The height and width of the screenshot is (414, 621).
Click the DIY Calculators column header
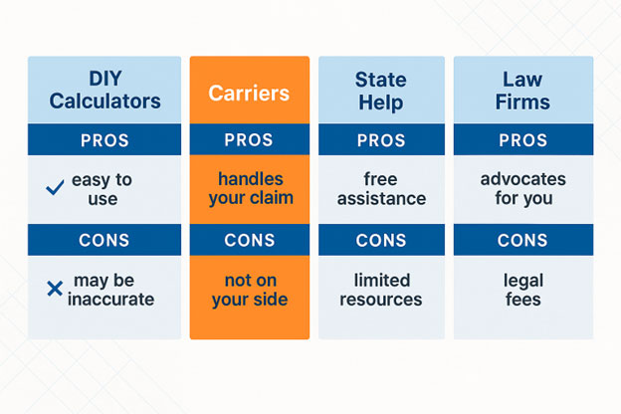click(x=104, y=90)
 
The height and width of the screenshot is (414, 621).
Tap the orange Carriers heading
click(x=249, y=94)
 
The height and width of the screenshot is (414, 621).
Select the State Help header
click(x=381, y=91)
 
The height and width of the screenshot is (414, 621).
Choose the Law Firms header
click(x=522, y=91)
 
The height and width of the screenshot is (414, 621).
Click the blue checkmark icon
click(x=55, y=187)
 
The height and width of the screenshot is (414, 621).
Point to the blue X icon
click(x=55, y=289)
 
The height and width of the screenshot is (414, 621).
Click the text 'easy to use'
click(x=102, y=189)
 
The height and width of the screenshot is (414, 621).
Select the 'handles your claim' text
click(x=251, y=188)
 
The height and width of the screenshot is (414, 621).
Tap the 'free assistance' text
click(x=381, y=189)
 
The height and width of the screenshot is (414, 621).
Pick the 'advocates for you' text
click(x=523, y=188)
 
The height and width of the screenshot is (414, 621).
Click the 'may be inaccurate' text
click(x=110, y=290)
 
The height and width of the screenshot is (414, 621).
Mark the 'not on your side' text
click(x=250, y=290)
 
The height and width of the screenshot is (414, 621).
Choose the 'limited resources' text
click(x=381, y=290)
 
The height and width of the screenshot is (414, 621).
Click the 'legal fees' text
click(x=523, y=290)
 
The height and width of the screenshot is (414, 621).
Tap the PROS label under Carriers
click(x=249, y=140)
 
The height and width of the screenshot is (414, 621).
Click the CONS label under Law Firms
click(x=522, y=240)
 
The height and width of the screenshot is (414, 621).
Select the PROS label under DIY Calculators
click(x=104, y=140)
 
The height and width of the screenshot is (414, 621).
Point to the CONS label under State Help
click(x=381, y=240)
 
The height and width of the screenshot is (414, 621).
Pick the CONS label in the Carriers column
click(x=250, y=240)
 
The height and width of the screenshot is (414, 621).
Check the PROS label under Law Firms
click(x=523, y=140)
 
